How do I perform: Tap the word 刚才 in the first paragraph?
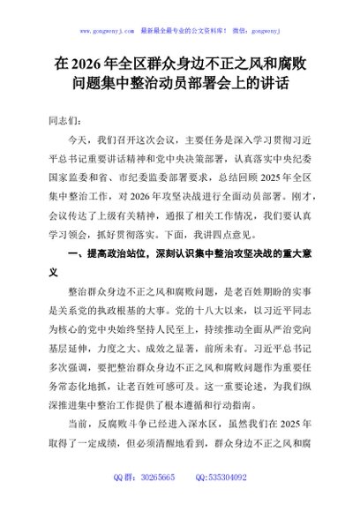tap(289, 195)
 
